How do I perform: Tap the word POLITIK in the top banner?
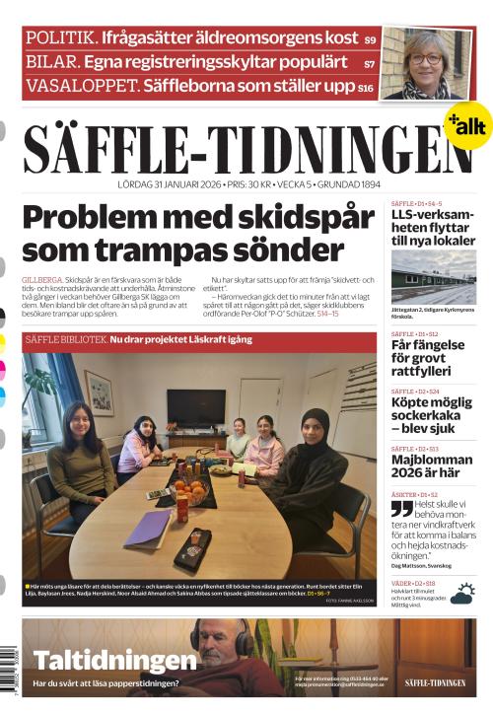[61, 37]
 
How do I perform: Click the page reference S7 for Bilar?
[369, 63]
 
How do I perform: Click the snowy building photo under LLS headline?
[433, 276]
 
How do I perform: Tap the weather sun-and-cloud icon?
[461, 592]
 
